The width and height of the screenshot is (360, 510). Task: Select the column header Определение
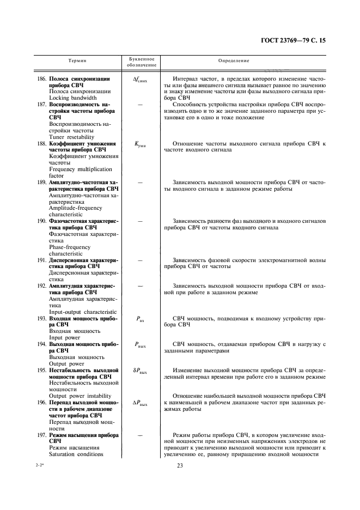point(234,62)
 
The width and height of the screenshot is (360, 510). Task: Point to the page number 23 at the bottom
point(179,465)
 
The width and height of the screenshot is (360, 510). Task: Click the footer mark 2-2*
point(41,464)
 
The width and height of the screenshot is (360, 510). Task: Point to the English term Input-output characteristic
point(83,312)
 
